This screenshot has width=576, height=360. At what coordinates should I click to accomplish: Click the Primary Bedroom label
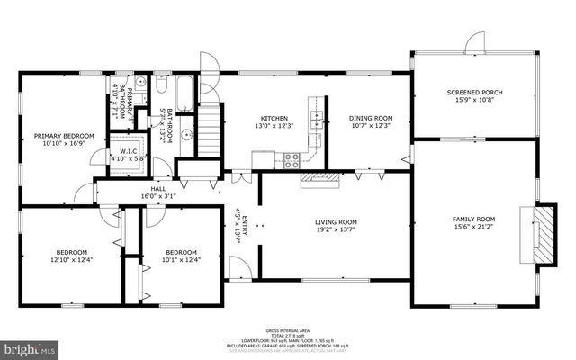(64, 137)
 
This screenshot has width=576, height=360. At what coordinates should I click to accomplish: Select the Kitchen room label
(274, 119)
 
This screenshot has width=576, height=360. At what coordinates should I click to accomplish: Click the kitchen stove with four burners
(292, 160)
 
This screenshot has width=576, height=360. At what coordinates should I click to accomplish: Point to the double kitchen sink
(316, 118)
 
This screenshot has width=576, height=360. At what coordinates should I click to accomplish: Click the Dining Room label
(372, 119)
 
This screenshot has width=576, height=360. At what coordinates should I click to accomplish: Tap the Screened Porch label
(473, 93)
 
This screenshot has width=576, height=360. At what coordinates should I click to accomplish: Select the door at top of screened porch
(474, 42)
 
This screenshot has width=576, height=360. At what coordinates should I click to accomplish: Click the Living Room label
(336, 221)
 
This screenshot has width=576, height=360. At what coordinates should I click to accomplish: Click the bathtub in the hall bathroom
(184, 94)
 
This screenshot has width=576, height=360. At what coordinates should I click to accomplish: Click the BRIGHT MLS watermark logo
(29, 346)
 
